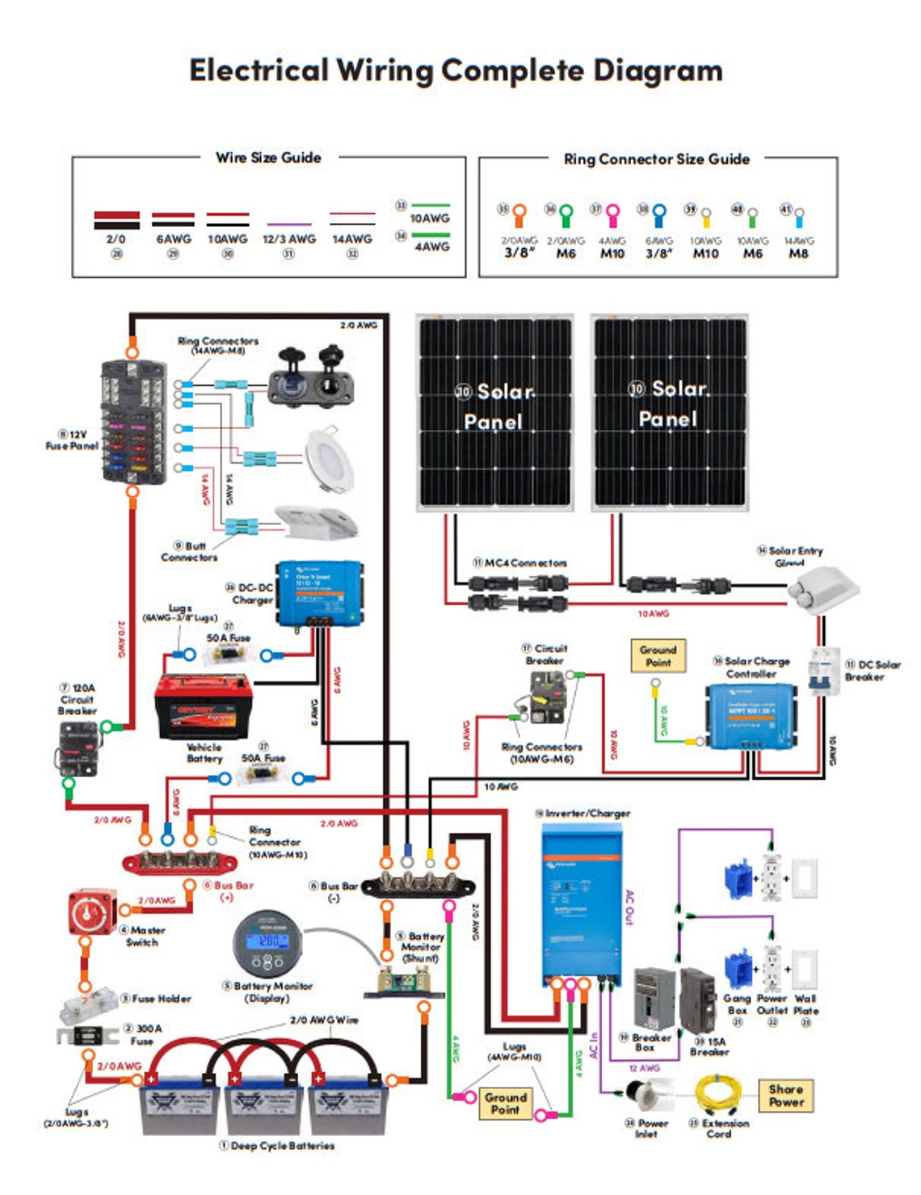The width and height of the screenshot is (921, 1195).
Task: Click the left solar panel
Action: click(494, 412)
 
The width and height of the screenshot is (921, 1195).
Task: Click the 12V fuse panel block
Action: click(132, 422)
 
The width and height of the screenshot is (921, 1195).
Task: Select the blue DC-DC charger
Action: click(320, 594)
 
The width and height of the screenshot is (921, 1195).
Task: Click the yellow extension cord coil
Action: click(717, 1096)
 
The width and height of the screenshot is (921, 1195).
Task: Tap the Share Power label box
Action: click(785, 1095)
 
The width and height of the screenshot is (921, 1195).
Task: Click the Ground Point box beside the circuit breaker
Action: click(658, 655)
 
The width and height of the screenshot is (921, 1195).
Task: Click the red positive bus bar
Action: click(179, 862)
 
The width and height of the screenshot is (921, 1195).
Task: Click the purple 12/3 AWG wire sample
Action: click(288, 225)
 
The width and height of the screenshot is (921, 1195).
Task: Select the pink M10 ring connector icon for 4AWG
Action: click(612, 216)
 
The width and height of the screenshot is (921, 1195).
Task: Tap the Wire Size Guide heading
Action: click(268, 158)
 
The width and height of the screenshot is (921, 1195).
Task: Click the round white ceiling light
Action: click(330, 459)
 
